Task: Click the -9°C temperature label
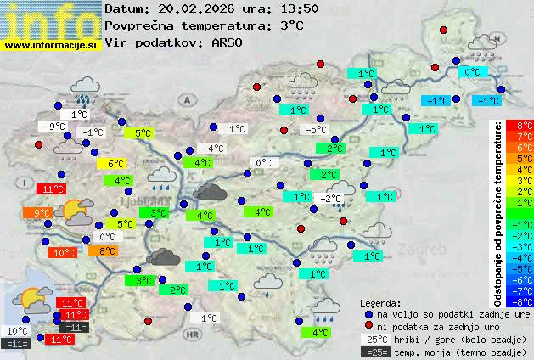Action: tap(55, 127)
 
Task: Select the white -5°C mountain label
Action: tap(316, 130)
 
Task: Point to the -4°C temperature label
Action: tap(213, 149)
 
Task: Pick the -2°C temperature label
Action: tap(330, 199)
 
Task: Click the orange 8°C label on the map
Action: tap(107, 250)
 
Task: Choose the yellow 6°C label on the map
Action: tap(115, 164)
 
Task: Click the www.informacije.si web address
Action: tap(51, 46)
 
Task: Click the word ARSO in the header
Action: tap(228, 42)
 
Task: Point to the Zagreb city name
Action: tap(426, 250)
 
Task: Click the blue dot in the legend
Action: tap(368, 314)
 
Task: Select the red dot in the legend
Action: tap(368, 326)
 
